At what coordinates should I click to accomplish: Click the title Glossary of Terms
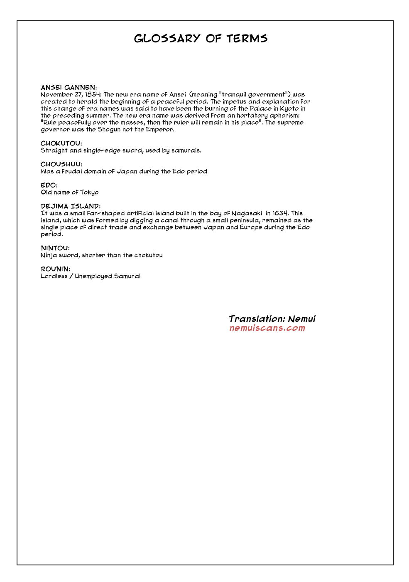click(201, 39)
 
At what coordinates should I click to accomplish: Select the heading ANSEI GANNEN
click(69, 87)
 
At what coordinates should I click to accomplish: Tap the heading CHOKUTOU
click(61, 143)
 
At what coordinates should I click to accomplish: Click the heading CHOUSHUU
click(61, 164)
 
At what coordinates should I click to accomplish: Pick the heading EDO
click(49, 185)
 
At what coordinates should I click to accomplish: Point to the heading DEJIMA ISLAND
click(71, 206)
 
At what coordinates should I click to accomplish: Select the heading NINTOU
click(55, 248)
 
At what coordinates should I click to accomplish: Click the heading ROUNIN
click(55, 269)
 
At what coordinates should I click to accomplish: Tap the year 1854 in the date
click(93, 94)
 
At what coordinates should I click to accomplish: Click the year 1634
click(280, 213)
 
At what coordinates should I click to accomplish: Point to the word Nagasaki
click(247, 213)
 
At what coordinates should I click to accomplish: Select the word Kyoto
click(289, 109)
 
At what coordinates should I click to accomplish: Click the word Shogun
click(109, 129)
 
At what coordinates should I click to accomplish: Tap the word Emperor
click(160, 129)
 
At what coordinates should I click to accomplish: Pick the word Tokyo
click(89, 192)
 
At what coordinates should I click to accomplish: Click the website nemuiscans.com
click(267, 328)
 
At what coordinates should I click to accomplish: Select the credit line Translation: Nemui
click(272, 319)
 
